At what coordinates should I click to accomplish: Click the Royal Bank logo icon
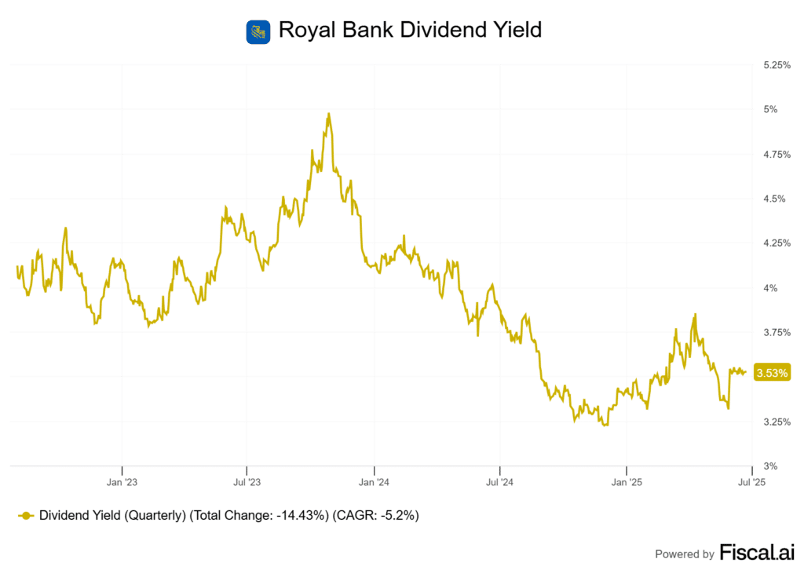point(258,31)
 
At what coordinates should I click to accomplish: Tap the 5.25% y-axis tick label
point(777,65)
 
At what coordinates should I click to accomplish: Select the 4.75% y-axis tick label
point(777,155)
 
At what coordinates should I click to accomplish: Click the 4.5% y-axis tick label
point(773,199)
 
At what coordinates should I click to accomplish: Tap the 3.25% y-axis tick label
point(777,422)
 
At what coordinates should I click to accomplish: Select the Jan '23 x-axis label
point(122,481)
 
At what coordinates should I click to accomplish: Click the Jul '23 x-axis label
point(247,481)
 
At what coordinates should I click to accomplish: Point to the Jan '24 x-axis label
point(375,481)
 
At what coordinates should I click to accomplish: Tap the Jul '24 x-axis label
point(499,481)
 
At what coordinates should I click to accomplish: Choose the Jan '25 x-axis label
point(627,481)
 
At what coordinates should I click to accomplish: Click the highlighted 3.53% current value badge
point(771,373)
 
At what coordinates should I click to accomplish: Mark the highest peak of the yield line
point(328,114)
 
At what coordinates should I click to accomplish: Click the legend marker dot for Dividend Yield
point(26,516)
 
